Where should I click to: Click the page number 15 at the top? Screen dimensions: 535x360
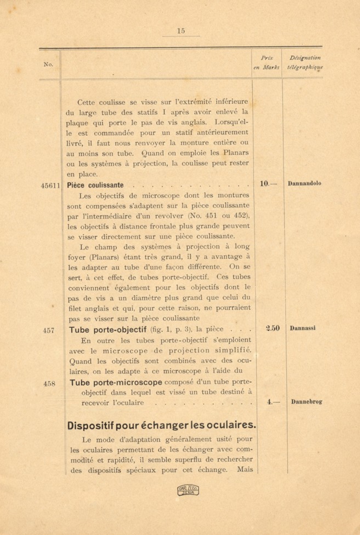pyautogui.click(x=181, y=31)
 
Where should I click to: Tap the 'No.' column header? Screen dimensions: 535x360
pyautogui.click(x=48, y=64)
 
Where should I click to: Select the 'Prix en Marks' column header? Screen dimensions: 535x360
pyautogui.click(x=266, y=63)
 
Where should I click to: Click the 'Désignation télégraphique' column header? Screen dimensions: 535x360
pyautogui.click(x=305, y=62)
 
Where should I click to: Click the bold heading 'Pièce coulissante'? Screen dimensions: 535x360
pyautogui.click(x=95, y=185)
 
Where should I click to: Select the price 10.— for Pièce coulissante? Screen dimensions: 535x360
pyautogui.click(x=268, y=184)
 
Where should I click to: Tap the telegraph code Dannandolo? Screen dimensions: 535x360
pyautogui.click(x=304, y=183)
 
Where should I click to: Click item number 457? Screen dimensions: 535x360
pyautogui.click(x=49, y=331)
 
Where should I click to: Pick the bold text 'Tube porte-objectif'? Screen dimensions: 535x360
pyautogui.click(x=107, y=330)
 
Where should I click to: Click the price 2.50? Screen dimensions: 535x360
pyautogui.click(x=273, y=328)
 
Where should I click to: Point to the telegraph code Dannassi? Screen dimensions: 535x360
pyautogui.click(x=303, y=328)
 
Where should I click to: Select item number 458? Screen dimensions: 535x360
pyautogui.click(x=49, y=384)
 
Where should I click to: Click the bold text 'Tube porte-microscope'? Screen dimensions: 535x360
pyautogui.click(x=116, y=382)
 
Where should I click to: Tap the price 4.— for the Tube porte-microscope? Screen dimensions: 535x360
pyautogui.click(x=273, y=402)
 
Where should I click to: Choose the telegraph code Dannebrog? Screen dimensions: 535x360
pyautogui.click(x=306, y=402)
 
